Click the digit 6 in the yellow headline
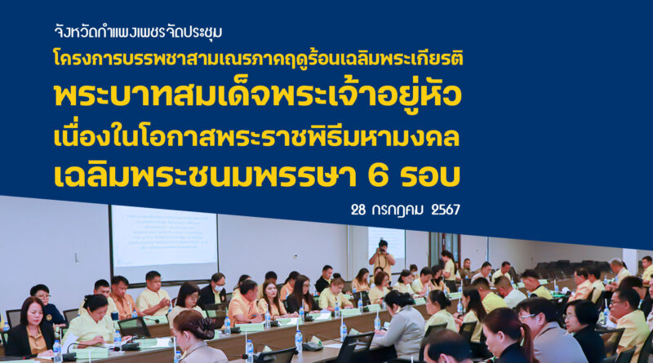pyautogui.click(x=379, y=175)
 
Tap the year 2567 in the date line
pyautogui.click(x=446, y=210)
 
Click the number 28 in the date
pyautogui.click(x=358, y=210)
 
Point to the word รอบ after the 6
pyautogui.click(x=430, y=175)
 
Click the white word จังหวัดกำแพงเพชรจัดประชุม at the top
pyautogui.click(x=138, y=32)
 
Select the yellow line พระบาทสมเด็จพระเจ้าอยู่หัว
pyautogui.click(x=258, y=95)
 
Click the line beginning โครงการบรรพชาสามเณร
pyautogui.click(x=258, y=59)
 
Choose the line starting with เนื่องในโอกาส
pyautogui.click(x=256, y=137)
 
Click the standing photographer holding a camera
pyautogui.click(x=382, y=256)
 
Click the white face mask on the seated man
pyautogui.click(x=219, y=288)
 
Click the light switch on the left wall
pyautogui.click(x=77, y=259)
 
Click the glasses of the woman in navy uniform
pyautogui.click(x=43, y=296)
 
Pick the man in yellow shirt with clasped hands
pyautogui.click(x=153, y=294)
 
